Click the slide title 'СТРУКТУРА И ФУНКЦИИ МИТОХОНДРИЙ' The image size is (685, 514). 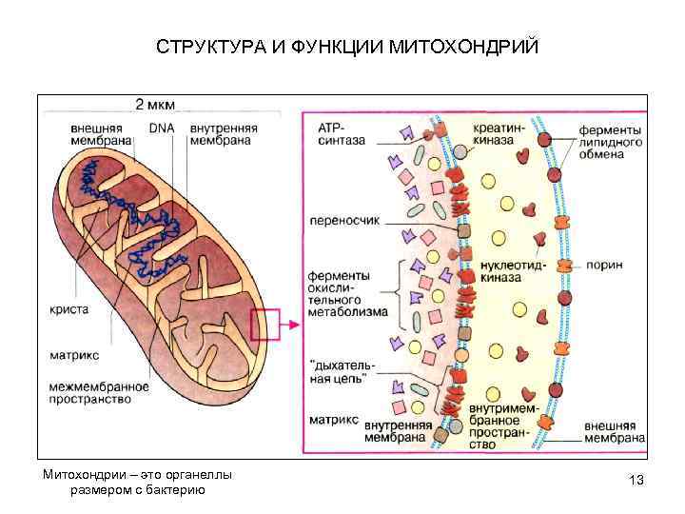pos(347,47)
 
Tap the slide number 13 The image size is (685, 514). pos(636,480)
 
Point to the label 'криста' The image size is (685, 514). pos(69,309)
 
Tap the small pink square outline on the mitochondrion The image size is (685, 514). pos(264,325)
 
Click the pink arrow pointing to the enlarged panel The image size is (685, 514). pos(289,325)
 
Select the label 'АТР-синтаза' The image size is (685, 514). pos(341,133)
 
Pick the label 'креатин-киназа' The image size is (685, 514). pos(498,133)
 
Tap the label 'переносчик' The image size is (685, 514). pos(344,220)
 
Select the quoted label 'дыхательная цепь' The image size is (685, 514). pos(342,371)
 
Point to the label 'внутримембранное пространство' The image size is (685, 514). pos(503,425)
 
